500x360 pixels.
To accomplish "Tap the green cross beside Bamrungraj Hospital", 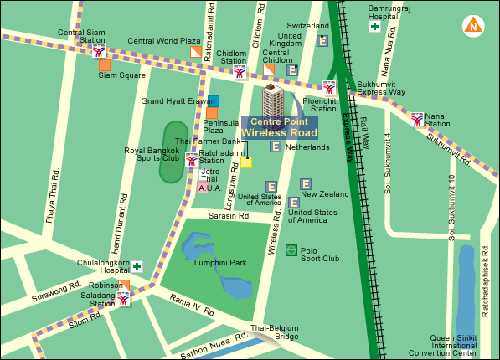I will [374, 27].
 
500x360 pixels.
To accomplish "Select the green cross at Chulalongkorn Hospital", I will [136, 266].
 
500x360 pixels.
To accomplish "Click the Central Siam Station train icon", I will [99, 49].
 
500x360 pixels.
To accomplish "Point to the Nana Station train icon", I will [417, 118].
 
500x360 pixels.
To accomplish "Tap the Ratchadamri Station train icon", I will [192, 158].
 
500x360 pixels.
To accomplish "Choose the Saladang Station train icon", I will [124, 297].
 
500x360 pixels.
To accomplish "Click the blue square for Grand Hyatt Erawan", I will [214, 100].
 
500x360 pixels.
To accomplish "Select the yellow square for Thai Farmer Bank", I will [246, 162].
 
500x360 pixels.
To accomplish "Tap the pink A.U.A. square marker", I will [204, 189].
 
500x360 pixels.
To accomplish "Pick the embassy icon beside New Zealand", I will [306, 183].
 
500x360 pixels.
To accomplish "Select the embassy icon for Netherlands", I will [275, 147].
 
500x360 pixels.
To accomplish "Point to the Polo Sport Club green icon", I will [291, 249].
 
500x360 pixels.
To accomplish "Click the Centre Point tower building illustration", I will [272, 100].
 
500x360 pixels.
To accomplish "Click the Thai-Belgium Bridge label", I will [275, 331].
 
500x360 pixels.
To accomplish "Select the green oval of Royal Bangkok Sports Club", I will [170, 154].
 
